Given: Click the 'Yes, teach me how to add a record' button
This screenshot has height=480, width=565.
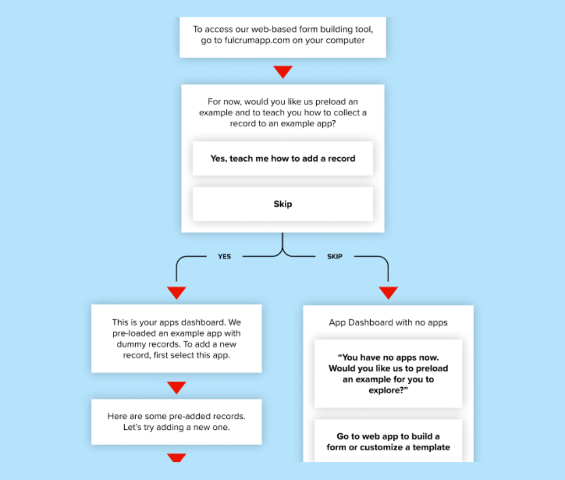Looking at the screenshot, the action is tap(283, 158).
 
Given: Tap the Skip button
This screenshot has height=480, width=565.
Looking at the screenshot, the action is tap(283, 204).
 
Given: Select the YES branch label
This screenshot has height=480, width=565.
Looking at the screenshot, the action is tap(225, 257).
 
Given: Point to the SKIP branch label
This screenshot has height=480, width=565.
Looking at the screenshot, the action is tap(335, 257).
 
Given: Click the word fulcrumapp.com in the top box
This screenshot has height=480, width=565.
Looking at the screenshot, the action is tap(257, 40).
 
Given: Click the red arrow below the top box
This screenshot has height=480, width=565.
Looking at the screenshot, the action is tap(283, 72).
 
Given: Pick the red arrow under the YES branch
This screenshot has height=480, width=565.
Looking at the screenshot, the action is tap(177, 292).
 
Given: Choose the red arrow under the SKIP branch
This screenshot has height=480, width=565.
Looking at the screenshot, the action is tap(388, 292).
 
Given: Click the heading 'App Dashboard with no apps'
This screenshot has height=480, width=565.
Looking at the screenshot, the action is tap(388, 323).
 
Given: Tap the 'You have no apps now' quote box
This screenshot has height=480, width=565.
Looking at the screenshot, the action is tap(388, 374).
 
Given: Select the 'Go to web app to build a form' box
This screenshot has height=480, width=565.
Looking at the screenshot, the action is tap(388, 441).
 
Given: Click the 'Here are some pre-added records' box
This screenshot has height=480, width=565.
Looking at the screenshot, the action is tap(177, 422).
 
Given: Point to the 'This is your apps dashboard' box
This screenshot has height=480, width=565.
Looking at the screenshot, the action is tap(177, 338).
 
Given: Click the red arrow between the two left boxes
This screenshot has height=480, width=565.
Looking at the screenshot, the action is tap(177, 387).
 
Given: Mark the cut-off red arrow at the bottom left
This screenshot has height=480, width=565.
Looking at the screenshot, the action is tap(177, 457).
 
